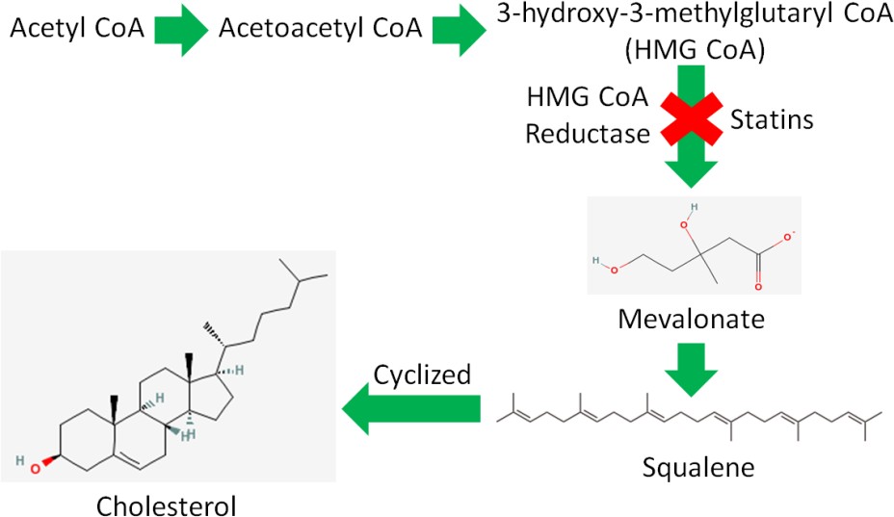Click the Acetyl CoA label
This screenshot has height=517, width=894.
tap(77, 29)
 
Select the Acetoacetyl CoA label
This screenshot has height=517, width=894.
tap(320, 29)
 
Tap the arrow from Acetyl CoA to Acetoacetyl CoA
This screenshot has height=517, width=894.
tap(181, 30)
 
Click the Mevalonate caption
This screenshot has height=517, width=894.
tap(693, 320)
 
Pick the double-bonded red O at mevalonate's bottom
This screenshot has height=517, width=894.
tap(758, 285)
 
